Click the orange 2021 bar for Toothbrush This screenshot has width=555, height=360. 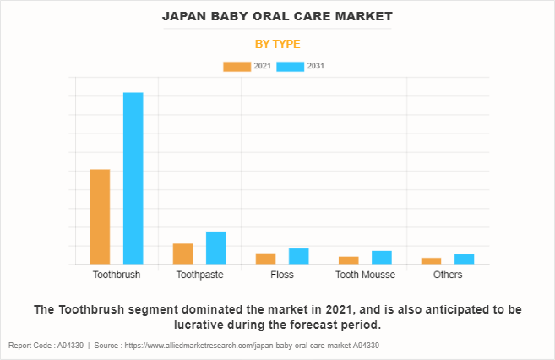(100, 216)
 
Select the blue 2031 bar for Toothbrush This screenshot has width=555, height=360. (133, 177)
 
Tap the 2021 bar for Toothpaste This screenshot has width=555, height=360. (182, 254)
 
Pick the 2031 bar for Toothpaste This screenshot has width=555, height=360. (215, 248)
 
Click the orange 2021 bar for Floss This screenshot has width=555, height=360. (265, 259)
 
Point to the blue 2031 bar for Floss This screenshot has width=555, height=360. (298, 256)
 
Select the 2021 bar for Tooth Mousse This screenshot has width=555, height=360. (348, 260)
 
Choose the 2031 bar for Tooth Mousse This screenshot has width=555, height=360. (381, 257)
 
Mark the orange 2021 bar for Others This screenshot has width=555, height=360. (431, 260)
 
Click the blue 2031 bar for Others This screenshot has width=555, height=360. (464, 259)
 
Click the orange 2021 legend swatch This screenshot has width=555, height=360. (237, 66)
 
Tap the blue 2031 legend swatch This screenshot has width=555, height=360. (291, 66)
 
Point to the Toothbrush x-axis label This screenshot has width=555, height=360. (117, 275)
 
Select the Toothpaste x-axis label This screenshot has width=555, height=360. (199, 275)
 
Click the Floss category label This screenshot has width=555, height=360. (282, 275)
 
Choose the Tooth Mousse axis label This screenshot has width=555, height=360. (365, 275)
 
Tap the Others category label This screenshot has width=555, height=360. (448, 275)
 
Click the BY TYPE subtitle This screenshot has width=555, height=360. (277, 44)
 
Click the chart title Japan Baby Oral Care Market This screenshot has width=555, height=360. (277, 16)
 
